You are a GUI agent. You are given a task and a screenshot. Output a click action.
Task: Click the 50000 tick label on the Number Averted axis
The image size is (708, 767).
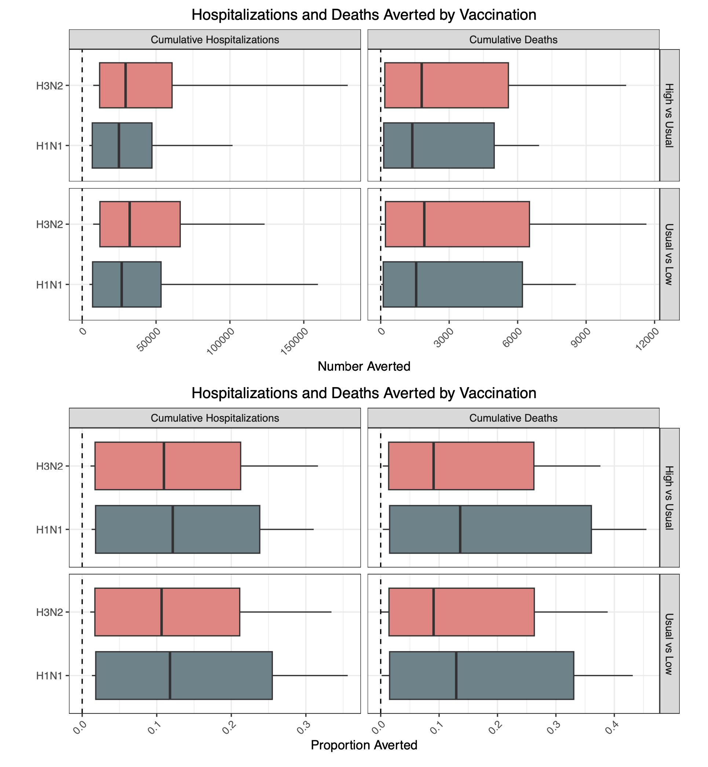click(147, 337)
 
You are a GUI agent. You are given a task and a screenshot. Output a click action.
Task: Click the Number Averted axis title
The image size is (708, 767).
click(364, 367)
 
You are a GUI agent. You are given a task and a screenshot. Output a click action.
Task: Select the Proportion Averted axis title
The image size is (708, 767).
click(364, 745)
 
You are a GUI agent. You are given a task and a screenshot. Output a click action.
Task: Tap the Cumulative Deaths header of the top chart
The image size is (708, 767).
click(513, 40)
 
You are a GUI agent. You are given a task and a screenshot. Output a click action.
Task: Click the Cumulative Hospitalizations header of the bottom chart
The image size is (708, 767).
click(215, 418)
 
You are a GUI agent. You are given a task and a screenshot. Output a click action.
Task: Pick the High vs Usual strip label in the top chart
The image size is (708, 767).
click(669, 115)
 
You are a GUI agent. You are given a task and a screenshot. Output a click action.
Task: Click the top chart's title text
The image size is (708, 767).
click(364, 15)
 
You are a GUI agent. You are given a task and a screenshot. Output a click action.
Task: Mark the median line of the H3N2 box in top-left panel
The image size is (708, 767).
click(126, 85)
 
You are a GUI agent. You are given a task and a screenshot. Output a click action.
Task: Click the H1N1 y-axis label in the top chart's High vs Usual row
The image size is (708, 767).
click(49, 146)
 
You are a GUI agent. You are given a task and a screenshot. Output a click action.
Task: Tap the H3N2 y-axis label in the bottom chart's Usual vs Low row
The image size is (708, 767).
click(49, 612)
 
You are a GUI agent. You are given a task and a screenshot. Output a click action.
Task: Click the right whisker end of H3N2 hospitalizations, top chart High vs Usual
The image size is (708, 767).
click(347, 85)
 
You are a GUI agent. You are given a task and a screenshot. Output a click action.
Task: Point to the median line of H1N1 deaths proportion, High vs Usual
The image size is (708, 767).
click(460, 529)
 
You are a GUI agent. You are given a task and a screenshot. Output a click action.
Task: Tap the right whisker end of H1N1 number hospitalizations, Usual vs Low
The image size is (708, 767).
click(317, 285)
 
